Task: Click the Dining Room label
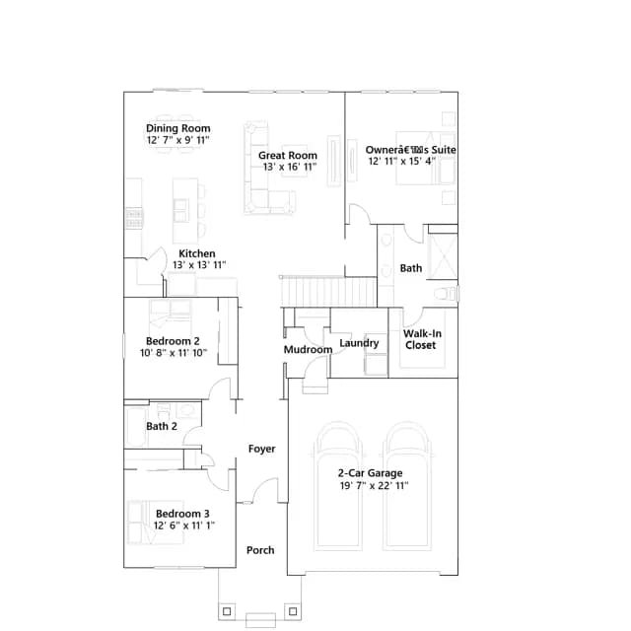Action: [177, 128]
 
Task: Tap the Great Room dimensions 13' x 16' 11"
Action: [290, 167]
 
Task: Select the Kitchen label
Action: [197, 253]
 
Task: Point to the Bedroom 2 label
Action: [173, 341]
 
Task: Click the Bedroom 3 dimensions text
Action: [184, 526]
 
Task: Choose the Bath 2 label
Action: [162, 426]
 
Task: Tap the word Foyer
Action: [262, 449]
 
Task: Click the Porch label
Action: [260, 550]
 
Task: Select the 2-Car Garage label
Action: [371, 473]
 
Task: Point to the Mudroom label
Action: [308, 350]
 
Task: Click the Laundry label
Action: [359, 343]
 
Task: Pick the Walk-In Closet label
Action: [422, 339]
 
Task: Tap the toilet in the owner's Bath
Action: [447, 293]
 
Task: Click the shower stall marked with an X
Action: [443, 256]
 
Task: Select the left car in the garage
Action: [337, 486]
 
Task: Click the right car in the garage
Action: [407, 486]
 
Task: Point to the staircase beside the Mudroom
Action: [328, 292]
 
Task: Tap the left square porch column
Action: [227, 611]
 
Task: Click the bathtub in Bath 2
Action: [136, 427]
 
